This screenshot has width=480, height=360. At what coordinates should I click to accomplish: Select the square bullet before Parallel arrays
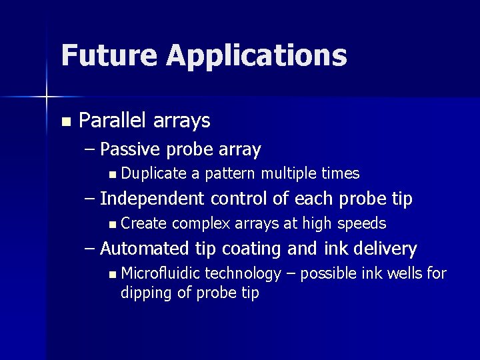pos(65,122)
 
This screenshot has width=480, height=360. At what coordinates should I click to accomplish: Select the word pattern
pos(231,175)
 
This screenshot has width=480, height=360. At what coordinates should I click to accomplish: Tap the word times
pos(340,174)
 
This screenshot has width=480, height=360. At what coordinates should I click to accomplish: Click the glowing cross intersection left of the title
pos(47,98)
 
